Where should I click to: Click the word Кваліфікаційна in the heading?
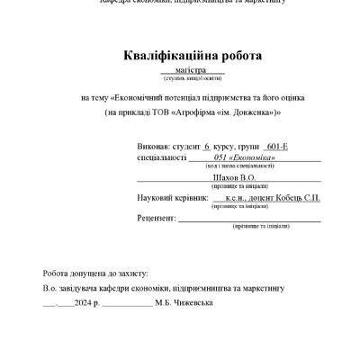[x=161, y=56]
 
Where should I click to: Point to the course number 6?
[x=208, y=145]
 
